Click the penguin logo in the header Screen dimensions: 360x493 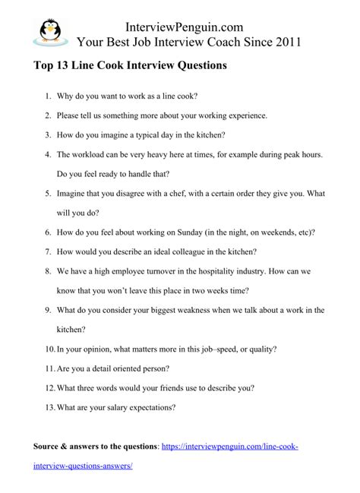click(47, 31)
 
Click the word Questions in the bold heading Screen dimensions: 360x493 click(199, 66)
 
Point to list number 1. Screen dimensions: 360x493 click(47, 97)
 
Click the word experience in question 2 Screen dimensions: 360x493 click(239, 115)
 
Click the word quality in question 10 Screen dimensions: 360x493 click(261, 349)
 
